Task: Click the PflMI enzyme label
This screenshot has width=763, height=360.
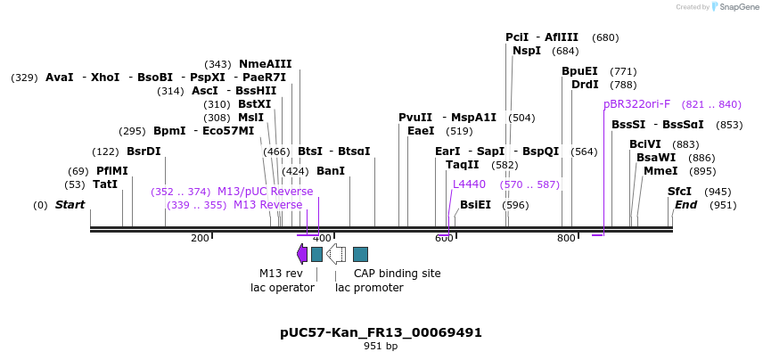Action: point(111,171)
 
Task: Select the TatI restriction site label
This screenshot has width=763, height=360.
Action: point(105,184)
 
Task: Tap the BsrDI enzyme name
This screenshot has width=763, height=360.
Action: point(144,151)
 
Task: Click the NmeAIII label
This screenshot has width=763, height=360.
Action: point(265,64)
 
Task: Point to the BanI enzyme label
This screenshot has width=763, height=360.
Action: point(330,171)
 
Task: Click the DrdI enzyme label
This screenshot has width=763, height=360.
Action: point(585,85)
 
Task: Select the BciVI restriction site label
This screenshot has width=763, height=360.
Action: point(645,144)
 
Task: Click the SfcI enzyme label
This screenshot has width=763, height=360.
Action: point(679,192)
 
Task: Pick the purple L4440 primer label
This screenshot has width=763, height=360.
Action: point(469,184)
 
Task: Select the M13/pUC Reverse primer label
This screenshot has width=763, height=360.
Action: point(265,192)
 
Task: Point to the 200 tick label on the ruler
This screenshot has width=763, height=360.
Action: point(200,238)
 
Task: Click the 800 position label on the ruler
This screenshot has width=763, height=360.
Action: point(566,238)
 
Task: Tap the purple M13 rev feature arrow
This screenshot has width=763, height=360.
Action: point(302,254)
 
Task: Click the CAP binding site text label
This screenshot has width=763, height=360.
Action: point(397,274)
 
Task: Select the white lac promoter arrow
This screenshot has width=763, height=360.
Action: point(336,254)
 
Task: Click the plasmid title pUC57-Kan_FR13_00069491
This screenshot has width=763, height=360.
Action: point(381,332)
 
